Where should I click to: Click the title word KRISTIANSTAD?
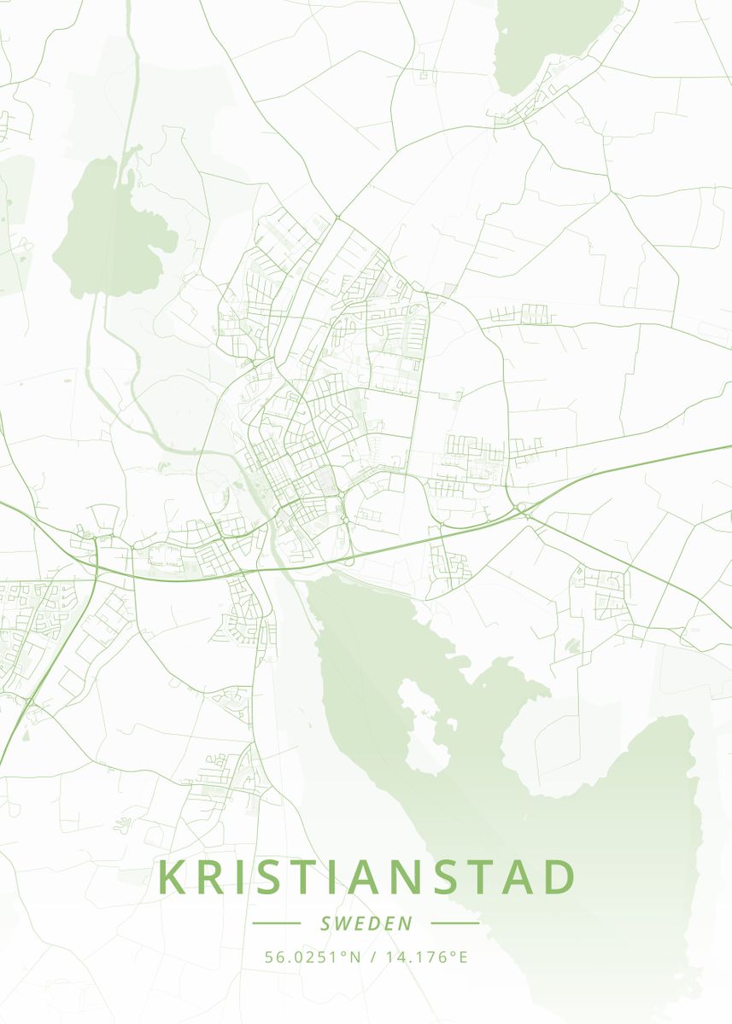[366, 877]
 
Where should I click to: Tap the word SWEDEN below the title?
[366, 923]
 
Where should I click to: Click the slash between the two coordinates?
[374, 957]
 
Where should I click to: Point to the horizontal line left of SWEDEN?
[276, 923]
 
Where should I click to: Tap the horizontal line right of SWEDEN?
[455, 923]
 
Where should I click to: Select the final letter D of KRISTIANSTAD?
[559, 877]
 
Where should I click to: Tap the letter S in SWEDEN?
[326, 923]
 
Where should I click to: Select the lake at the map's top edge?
[555, 38]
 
